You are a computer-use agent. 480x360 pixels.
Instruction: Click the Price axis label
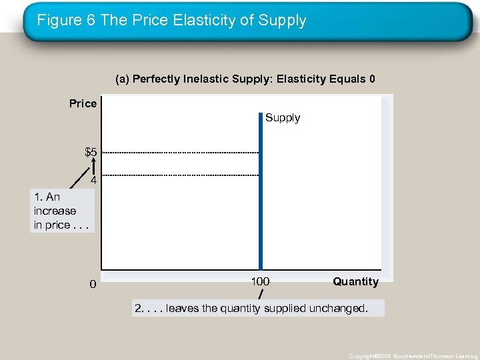point(83,103)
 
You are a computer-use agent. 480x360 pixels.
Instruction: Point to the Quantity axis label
point(355,281)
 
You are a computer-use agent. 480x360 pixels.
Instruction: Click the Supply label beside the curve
point(283,118)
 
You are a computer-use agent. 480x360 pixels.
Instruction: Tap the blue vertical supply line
point(261,200)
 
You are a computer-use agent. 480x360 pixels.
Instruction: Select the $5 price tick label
point(91,152)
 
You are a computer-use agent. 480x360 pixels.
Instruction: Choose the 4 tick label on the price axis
point(94,180)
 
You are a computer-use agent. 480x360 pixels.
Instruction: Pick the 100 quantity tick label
point(260,281)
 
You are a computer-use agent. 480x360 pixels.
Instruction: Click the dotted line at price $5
point(180,153)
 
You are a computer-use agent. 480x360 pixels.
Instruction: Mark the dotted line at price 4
point(180,175)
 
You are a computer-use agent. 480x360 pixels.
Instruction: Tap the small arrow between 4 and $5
point(94,167)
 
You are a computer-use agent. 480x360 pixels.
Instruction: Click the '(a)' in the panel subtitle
point(122,79)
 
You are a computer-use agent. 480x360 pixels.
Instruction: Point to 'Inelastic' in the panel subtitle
point(201,79)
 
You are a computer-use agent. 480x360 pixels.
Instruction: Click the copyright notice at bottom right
point(413,356)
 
